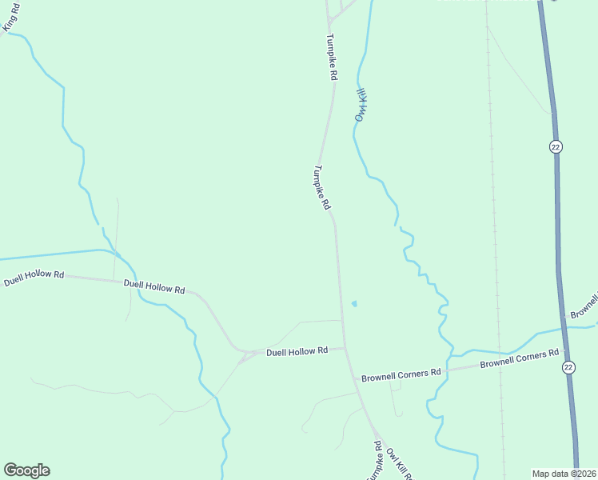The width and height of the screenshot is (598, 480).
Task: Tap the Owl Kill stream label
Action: coord(361,104)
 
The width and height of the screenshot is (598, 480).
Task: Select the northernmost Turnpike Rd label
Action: coord(331,57)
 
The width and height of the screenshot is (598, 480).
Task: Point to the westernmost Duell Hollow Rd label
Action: coord(34,277)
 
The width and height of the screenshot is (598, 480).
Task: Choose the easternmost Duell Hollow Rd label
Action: coord(297,351)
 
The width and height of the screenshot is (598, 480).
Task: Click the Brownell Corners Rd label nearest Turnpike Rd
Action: coord(401,374)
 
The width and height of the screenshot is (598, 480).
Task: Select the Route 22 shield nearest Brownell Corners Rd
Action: coord(568,366)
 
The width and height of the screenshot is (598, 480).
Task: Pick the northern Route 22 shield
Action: coord(556,146)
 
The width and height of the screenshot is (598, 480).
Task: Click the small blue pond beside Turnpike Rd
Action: coord(353,304)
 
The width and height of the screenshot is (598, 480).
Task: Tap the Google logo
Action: coord(26,470)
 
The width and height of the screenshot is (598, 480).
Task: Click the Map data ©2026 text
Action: coord(564,473)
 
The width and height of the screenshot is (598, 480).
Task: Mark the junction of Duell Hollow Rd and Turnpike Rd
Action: coord(345,347)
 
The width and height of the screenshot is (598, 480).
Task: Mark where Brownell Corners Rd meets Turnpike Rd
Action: coord(353,376)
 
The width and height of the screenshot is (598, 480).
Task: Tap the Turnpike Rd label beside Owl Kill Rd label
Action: coord(373,462)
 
